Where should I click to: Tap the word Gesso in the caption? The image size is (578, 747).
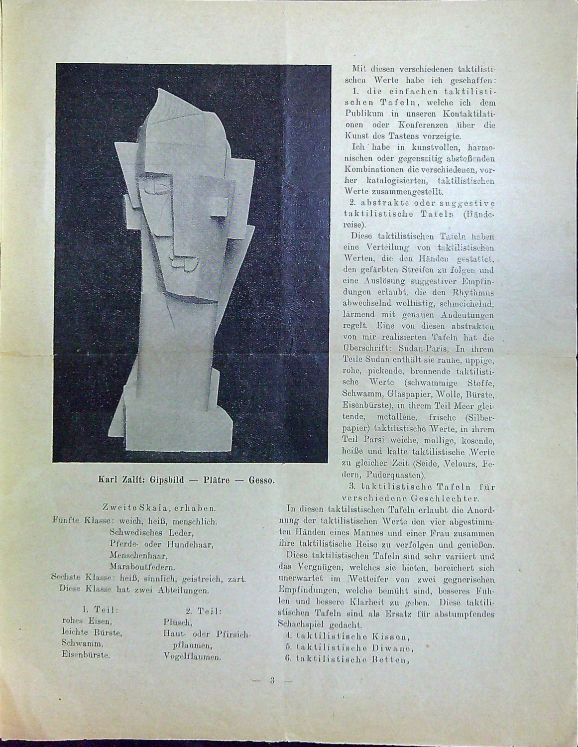pyautogui.click(x=261, y=481)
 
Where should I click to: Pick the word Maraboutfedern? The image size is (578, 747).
pyautogui.click(x=142, y=567)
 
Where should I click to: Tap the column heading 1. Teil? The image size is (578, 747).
pyautogui.click(x=99, y=609)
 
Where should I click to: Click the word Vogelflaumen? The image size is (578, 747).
pyautogui.click(x=192, y=656)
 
